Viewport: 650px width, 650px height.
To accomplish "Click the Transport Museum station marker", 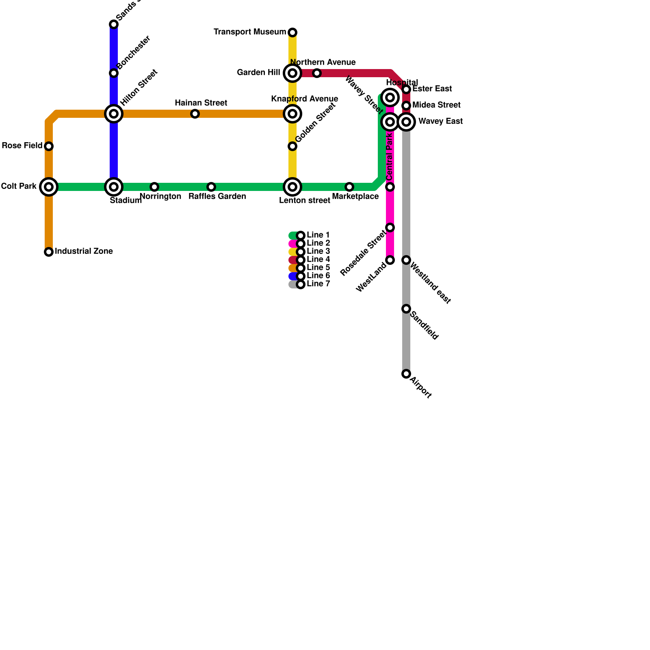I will click(292, 32).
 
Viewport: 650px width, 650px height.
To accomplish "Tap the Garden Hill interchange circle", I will click(292, 73).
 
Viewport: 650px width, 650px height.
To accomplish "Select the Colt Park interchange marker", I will click(49, 187).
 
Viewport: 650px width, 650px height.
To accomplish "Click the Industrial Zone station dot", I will click(49, 252).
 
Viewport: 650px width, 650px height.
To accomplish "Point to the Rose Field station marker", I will click(49, 146).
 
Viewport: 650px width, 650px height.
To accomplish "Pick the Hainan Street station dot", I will click(195, 114).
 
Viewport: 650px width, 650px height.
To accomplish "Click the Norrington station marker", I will click(154, 187).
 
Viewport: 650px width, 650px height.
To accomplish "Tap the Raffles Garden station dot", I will click(211, 187).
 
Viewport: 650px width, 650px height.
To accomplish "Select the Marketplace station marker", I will click(349, 187).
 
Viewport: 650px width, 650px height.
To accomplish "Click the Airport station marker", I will click(406, 374).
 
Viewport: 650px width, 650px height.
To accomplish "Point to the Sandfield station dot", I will click(406, 309).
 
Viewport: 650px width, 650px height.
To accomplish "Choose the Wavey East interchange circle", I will click(406, 122).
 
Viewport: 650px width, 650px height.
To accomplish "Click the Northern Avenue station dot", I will click(317, 73).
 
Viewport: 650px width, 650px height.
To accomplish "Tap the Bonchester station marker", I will click(114, 73).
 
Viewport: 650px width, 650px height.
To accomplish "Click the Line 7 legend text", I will click(318, 284).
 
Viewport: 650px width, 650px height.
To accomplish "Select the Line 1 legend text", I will click(318, 235).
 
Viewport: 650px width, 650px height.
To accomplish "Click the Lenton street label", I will click(305, 201).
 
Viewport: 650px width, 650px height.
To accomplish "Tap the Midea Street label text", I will click(436, 105).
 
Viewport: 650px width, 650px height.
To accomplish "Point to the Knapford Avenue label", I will click(305, 99).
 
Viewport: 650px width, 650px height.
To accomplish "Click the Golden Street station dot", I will click(292, 146).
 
